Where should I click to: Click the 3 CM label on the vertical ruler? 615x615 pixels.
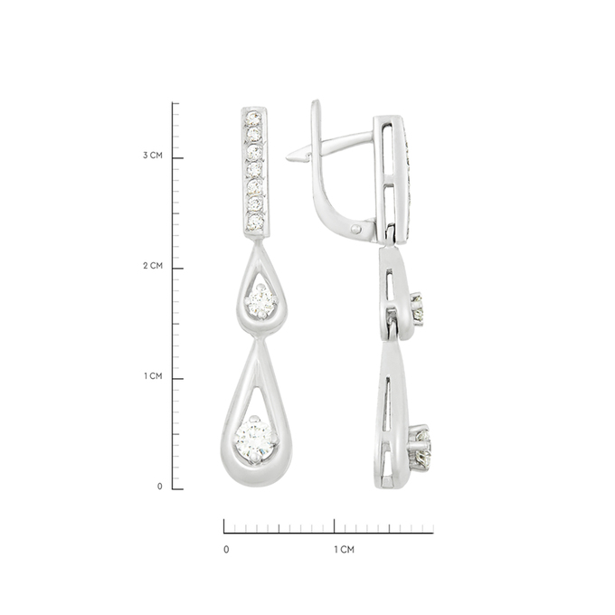point(153,156)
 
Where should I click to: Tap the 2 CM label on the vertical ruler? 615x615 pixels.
point(153,266)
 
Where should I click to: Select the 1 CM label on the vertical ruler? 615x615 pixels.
point(153,376)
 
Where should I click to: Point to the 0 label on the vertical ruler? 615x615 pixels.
point(160,487)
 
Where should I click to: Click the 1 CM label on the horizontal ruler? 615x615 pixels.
point(344,550)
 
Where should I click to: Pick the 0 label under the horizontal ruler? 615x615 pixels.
point(226,550)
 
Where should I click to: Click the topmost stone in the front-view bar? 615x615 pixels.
point(253,118)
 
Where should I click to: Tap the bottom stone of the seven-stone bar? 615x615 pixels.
point(255,221)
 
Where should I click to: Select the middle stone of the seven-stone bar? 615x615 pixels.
point(254,169)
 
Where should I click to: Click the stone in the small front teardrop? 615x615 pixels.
point(260,301)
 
